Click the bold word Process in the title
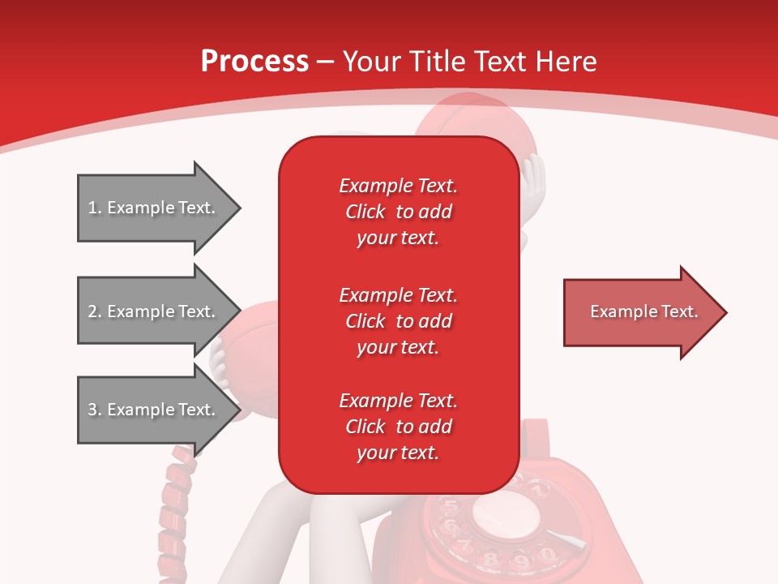[254, 61]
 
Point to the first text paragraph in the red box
[398, 212]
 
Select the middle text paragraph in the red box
[398, 321]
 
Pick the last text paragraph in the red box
[398, 427]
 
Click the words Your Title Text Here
[470, 61]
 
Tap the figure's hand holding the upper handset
[533, 174]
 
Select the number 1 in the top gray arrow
[92, 208]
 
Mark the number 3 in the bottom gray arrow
[92, 410]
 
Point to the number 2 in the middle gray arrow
[92, 311]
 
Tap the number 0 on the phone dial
[548, 554]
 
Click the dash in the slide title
[326, 62]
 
